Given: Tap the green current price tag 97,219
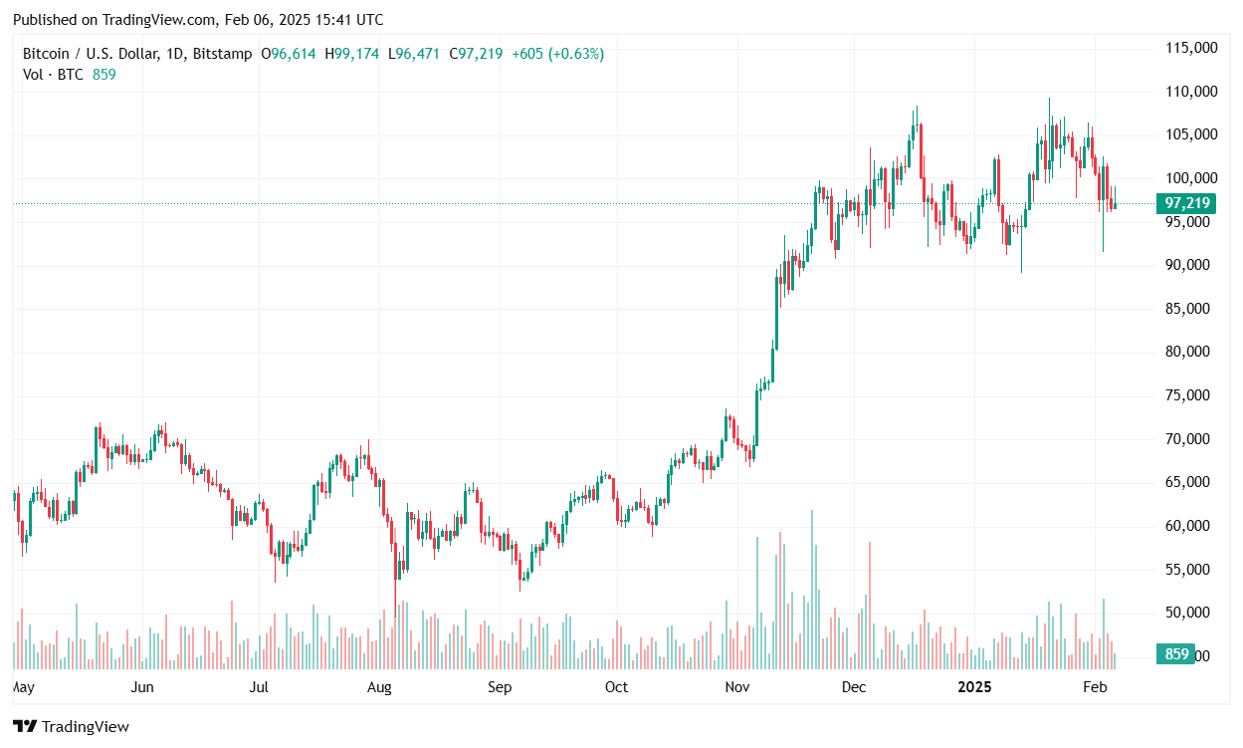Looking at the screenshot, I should coord(1187,203).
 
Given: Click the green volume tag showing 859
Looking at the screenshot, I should coord(1176,654).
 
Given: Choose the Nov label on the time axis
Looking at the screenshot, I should coord(737,687).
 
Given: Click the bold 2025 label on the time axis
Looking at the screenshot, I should coord(974,687).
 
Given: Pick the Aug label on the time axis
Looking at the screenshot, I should coord(379,687).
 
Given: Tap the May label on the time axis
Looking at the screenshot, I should coord(23,687).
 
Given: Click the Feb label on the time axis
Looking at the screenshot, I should coord(1095,687).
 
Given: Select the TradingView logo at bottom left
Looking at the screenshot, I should coord(71,727).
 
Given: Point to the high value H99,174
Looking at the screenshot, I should coord(351,54).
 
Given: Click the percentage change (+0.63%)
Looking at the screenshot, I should coord(572,54).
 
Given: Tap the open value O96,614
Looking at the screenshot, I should coord(288,54).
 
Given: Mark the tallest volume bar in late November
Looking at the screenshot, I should coord(812,588).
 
